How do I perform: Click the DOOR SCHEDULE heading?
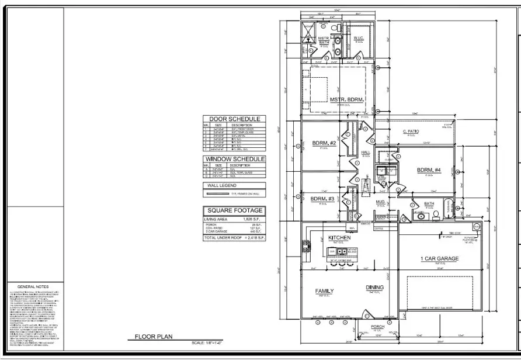[x=234, y=119]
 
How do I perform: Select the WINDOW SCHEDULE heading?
[x=234, y=159]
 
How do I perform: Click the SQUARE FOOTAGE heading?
[x=234, y=210]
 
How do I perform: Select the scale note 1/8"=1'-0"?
[x=205, y=342]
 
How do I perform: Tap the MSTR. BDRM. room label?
[x=347, y=100]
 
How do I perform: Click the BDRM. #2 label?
[x=323, y=143]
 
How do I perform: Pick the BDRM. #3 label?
[x=322, y=199]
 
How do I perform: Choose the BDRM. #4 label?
[x=429, y=170]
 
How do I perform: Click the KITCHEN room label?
[x=339, y=238]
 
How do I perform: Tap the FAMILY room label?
[x=324, y=290]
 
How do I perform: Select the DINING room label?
[x=374, y=287]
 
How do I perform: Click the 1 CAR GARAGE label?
[x=440, y=258]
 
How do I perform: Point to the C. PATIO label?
[x=411, y=132]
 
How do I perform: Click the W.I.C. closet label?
[x=359, y=38]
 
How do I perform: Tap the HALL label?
[x=366, y=151]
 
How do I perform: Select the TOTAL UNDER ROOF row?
[x=234, y=238]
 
